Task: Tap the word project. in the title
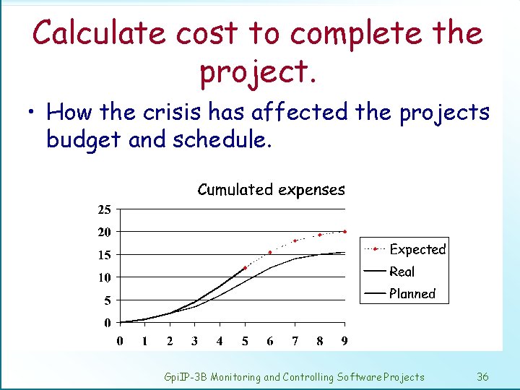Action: [257, 71]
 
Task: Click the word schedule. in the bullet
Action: [222, 139]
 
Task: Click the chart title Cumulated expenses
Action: [271, 190]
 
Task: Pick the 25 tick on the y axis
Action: [104, 210]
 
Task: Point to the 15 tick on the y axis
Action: [104, 255]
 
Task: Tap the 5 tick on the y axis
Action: [107, 300]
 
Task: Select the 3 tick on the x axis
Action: [195, 340]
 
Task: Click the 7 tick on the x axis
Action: [295, 340]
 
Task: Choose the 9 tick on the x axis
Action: [345, 340]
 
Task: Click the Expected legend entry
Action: [417, 249]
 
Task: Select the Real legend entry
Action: [402, 272]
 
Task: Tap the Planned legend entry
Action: [412, 294]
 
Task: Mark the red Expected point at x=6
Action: [270, 253]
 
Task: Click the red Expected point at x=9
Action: [345, 232]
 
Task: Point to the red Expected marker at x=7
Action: [295, 240]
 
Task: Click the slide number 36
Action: [483, 376]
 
